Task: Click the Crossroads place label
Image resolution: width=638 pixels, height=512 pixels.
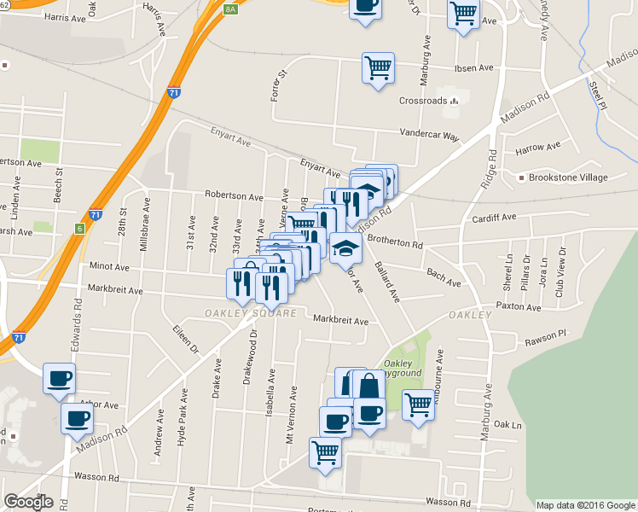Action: [423, 101]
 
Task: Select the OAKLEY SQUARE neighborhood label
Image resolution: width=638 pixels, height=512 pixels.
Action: [250, 313]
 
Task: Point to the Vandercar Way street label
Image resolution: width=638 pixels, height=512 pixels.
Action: [430, 135]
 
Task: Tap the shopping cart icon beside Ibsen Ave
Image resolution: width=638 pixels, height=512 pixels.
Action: [378, 67]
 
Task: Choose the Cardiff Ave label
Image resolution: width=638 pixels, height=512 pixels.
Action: [495, 218]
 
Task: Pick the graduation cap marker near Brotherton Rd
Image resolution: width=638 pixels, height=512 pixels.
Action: [345, 247]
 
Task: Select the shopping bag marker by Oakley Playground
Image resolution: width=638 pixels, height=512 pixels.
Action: [368, 385]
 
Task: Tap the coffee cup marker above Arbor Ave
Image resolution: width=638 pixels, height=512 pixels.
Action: [59, 377]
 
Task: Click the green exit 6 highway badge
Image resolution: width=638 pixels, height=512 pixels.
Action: [79, 229]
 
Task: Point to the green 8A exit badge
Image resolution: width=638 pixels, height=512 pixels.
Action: [230, 9]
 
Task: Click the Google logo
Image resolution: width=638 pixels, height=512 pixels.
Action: [29, 502]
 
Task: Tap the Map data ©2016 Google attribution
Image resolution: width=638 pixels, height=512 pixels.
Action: [586, 505]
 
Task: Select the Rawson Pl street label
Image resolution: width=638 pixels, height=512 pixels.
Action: [547, 334]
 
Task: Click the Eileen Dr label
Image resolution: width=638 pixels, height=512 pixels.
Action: [185, 339]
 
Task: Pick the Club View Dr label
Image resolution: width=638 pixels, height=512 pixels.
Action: [560, 270]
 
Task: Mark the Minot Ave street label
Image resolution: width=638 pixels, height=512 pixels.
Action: [108, 267]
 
